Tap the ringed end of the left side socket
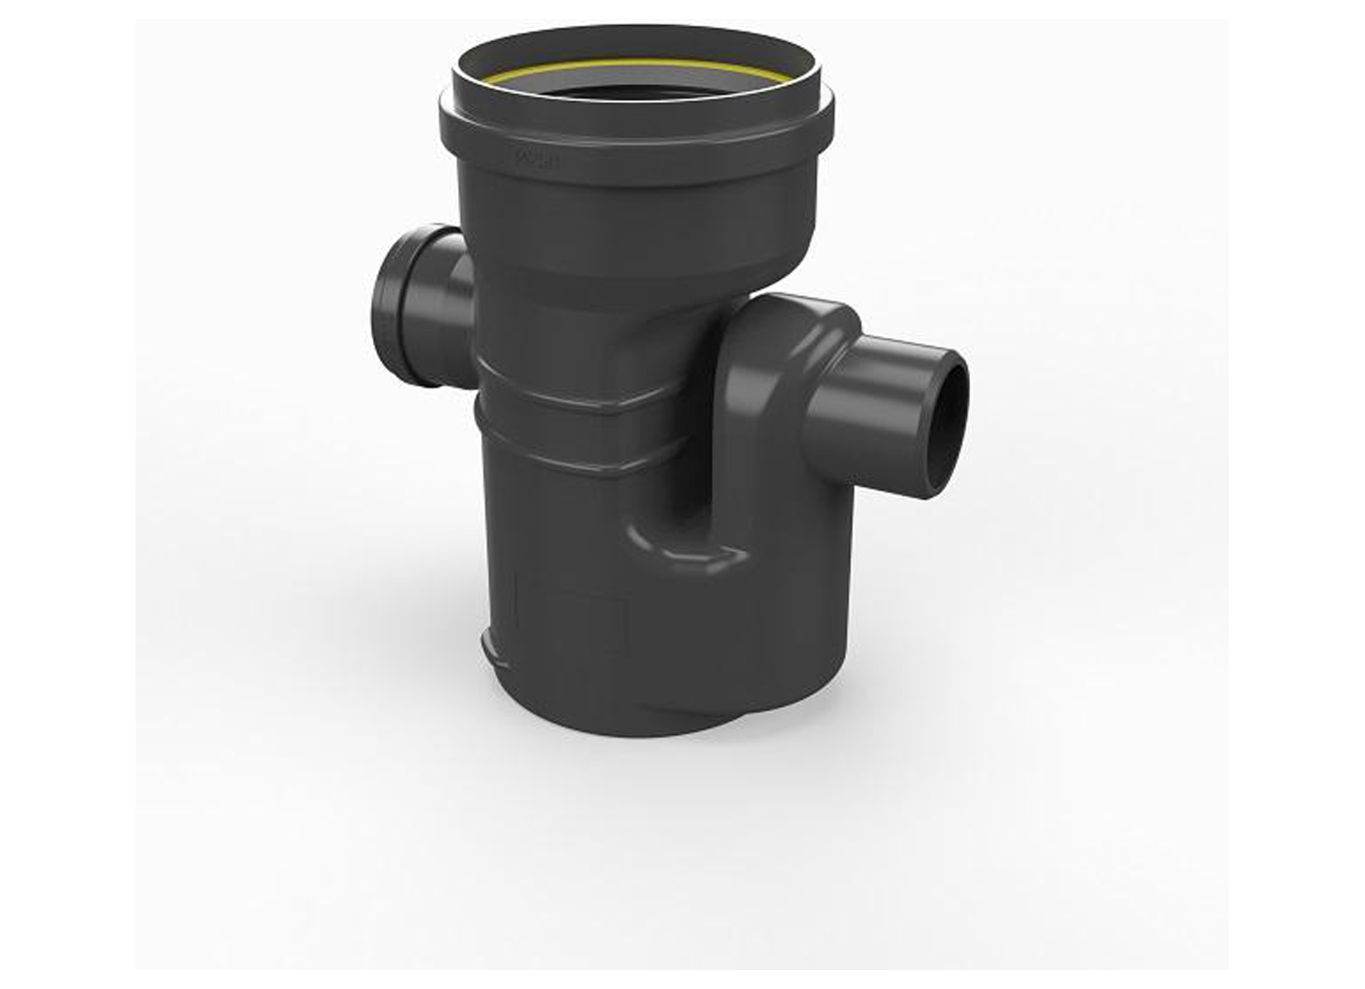(x=396, y=304)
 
